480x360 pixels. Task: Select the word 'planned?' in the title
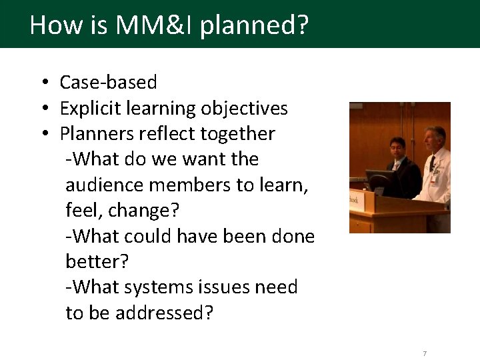click(254, 25)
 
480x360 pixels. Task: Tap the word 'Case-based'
click(108, 83)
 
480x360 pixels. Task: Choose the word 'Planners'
click(97, 134)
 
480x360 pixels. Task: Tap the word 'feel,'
click(83, 211)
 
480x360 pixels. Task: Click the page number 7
click(425, 353)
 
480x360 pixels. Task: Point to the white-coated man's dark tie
click(432, 164)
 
